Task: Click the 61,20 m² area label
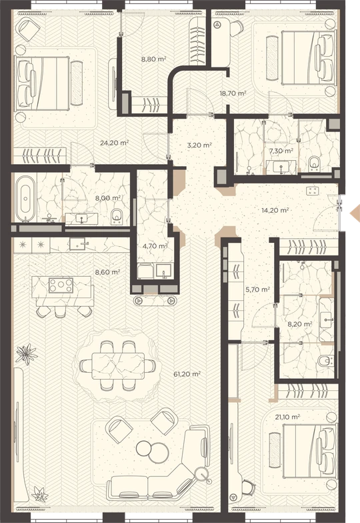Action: coord(187,374)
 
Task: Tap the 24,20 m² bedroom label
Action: coord(115,143)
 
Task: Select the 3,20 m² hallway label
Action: coord(199,145)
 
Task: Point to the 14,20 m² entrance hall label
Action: coord(275,210)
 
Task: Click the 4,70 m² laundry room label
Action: coord(155,246)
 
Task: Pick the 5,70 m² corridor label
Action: coord(257,290)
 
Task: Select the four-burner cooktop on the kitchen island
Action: coord(61,286)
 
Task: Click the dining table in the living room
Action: coord(118,366)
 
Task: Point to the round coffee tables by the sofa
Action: coord(153,451)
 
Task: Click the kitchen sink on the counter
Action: coord(79,244)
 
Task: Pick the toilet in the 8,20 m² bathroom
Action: coord(326,360)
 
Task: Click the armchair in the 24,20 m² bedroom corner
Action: coord(29,28)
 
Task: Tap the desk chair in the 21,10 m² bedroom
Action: coord(247,490)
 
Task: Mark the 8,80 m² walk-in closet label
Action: coord(153,59)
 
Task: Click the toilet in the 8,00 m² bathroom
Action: coord(116,216)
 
